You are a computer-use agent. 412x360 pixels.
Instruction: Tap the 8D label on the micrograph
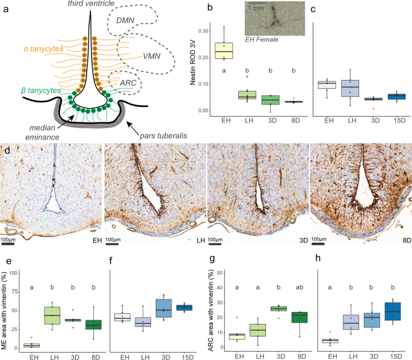coord(401,239)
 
